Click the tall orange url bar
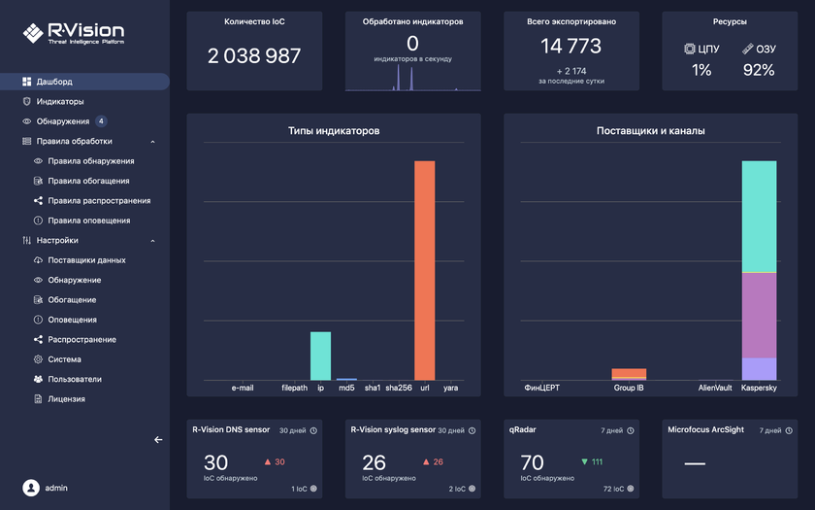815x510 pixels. point(424,270)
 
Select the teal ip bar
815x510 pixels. point(320,356)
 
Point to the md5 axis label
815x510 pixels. point(346,388)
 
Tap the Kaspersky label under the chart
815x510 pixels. point(759,388)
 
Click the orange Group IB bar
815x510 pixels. point(629,373)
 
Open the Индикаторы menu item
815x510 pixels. point(60,101)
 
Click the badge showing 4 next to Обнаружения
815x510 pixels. point(101,121)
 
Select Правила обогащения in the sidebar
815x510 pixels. point(88,181)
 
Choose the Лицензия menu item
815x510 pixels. point(67,398)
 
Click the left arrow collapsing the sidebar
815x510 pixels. point(158,439)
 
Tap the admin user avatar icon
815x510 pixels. point(31,487)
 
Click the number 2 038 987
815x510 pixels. point(254,56)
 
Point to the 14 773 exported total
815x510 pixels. point(570,46)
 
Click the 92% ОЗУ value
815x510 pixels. point(758,70)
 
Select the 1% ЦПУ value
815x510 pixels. point(701,70)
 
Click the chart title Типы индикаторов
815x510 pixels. point(334,130)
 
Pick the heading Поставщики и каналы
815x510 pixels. point(650,130)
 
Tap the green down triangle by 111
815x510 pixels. point(584,461)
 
